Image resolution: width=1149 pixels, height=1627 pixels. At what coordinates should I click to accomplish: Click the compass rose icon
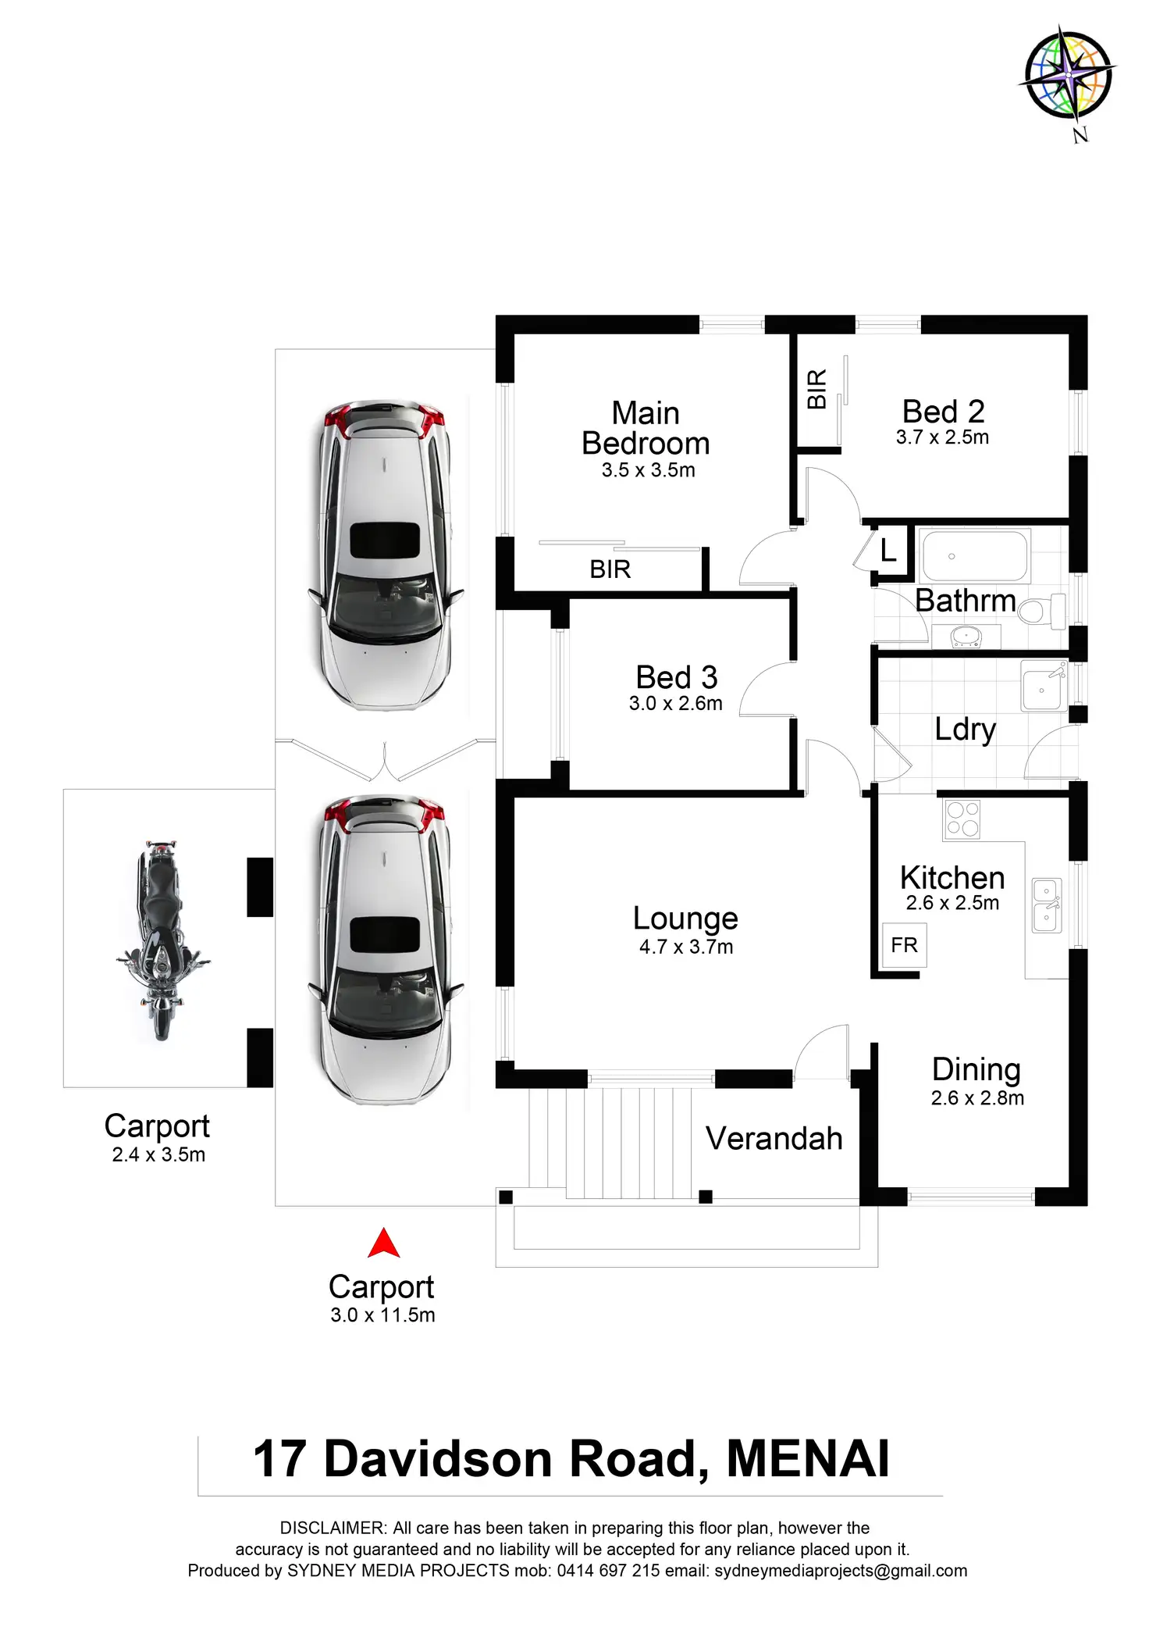tap(1068, 76)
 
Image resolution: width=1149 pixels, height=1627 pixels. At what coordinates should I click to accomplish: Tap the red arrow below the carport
tap(383, 1243)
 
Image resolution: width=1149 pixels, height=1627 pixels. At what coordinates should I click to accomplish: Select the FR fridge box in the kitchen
tap(904, 945)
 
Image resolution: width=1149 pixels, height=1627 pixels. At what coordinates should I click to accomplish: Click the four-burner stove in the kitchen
tap(962, 819)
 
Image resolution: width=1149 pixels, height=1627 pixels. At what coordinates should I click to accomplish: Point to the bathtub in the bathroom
tap(974, 556)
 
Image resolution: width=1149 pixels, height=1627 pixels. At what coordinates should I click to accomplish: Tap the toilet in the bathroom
tap(1041, 611)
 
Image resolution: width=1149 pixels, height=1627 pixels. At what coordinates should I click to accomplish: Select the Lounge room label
tap(685, 919)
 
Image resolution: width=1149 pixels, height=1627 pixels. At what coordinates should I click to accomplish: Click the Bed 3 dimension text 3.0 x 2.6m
tap(675, 704)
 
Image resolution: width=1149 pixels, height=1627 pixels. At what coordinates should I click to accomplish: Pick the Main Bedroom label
tap(646, 428)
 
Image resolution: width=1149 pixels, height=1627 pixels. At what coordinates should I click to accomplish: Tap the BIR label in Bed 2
tap(816, 389)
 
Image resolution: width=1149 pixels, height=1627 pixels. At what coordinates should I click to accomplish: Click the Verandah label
tap(774, 1139)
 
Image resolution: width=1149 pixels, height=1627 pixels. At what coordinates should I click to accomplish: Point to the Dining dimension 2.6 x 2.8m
tap(976, 1098)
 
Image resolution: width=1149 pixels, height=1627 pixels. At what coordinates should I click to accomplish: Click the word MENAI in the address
tap(808, 1459)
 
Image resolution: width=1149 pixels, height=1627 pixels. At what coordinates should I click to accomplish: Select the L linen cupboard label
tap(888, 551)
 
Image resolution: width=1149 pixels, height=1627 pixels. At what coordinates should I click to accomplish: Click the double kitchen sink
tap(1046, 904)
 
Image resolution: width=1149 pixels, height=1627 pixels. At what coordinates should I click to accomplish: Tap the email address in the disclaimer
tap(840, 1571)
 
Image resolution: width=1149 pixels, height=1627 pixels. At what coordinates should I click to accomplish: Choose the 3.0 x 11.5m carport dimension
tap(382, 1315)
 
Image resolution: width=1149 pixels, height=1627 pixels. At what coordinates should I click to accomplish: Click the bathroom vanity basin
tap(966, 637)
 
